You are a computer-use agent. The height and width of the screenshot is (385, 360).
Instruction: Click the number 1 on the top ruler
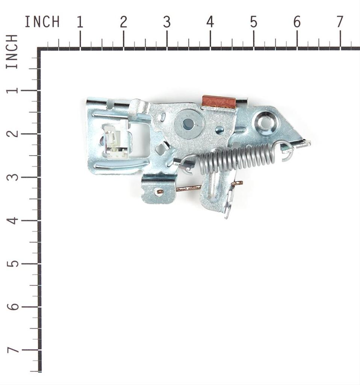click(x=80, y=22)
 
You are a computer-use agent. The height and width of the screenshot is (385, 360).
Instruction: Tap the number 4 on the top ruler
click(x=210, y=22)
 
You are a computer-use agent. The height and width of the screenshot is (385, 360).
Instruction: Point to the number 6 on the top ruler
click(x=297, y=22)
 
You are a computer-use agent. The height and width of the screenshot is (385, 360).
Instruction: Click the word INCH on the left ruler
click(x=12, y=52)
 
